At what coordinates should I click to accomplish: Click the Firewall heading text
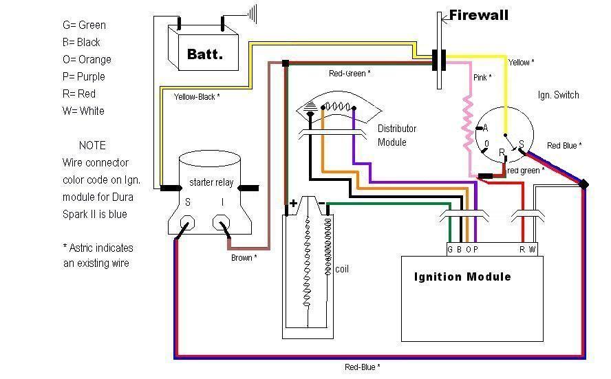tap(479, 14)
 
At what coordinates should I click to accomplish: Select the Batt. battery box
tap(204, 49)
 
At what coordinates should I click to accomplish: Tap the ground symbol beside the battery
tap(253, 13)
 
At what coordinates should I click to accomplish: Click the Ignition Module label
tap(462, 277)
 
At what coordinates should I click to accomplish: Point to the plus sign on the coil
tap(294, 204)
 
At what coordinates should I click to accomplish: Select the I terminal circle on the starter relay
tap(221, 224)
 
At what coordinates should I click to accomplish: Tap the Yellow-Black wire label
tap(197, 97)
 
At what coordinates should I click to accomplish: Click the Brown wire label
tap(244, 258)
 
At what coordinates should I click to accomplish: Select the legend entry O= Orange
tap(87, 59)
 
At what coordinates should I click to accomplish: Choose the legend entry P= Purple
tap(84, 76)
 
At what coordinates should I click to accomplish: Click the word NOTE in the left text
tap(92, 145)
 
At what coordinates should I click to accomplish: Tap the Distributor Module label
tap(396, 136)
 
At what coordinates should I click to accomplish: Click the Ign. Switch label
tap(558, 95)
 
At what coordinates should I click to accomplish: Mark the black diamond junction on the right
tap(584, 184)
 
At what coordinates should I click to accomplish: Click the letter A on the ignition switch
tap(485, 128)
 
